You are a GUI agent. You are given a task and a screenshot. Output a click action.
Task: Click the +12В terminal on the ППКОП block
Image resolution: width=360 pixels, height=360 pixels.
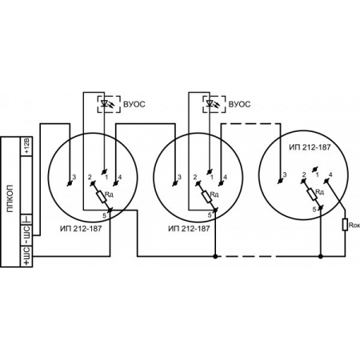click(26, 146)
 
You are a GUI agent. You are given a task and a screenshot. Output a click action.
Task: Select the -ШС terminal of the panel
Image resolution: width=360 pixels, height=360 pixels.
click(26, 234)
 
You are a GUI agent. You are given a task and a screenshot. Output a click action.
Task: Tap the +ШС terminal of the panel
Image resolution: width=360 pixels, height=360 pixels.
click(26, 256)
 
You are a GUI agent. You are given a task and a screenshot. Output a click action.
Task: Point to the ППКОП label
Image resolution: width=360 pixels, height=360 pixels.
click(10, 198)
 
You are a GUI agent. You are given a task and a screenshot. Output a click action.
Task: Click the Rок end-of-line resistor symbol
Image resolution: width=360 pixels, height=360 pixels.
click(346, 225)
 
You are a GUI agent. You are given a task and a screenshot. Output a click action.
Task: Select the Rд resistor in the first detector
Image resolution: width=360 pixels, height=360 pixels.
click(102, 197)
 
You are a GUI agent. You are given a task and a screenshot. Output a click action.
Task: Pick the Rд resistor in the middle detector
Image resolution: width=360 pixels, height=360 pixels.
click(207, 197)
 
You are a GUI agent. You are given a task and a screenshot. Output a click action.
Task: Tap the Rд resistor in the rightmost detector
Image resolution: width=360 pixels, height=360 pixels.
click(312, 194)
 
